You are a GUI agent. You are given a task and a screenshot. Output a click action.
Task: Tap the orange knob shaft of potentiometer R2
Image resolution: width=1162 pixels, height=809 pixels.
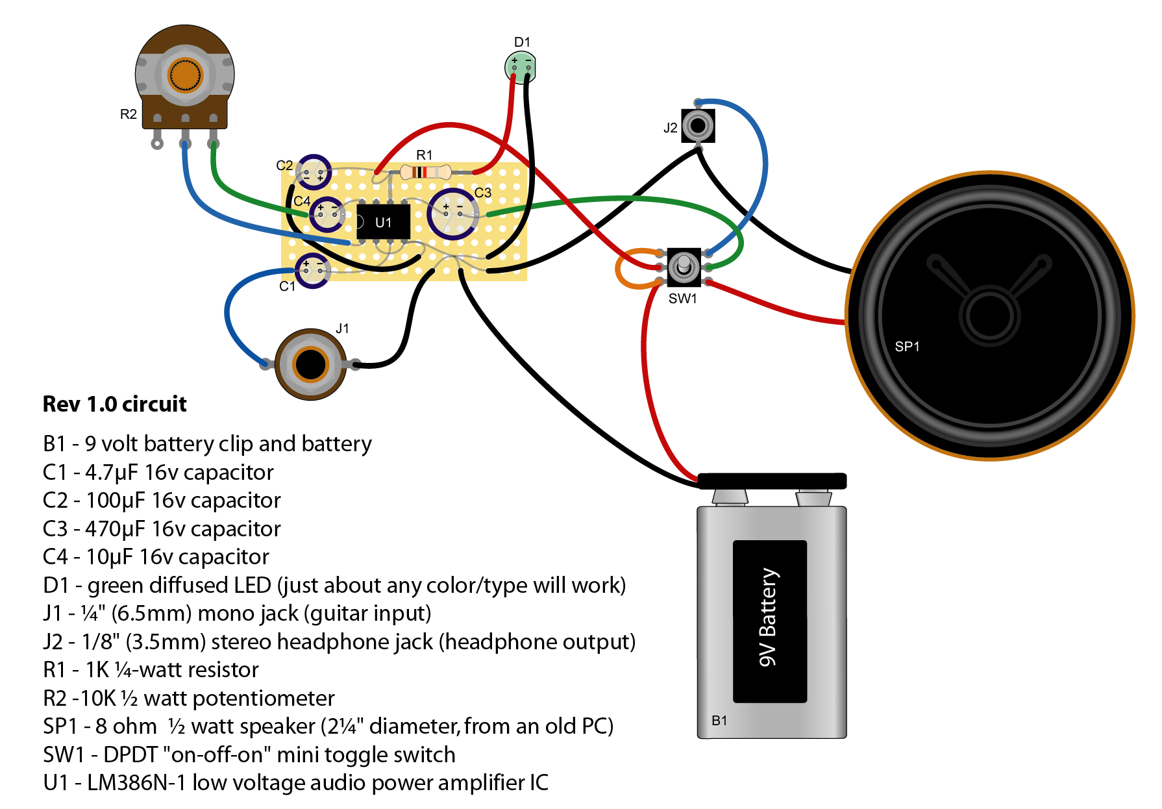[x=185, y=76]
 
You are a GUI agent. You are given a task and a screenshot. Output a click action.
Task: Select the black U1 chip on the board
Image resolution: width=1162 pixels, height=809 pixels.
[x=384, y=221]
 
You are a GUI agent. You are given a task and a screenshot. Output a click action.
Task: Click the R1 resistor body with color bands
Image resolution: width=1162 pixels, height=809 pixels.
[x=425, y=172]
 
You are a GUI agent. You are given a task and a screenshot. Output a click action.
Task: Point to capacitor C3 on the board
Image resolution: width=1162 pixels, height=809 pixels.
[x=452, y=214]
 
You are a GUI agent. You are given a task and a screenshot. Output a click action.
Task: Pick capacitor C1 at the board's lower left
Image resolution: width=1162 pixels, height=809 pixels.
[x=313, y=270]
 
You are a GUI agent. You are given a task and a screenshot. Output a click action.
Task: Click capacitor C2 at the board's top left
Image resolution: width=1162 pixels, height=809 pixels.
[x=314, y=173]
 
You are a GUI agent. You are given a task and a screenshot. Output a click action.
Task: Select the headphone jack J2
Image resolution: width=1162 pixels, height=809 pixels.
[x=698, y=125]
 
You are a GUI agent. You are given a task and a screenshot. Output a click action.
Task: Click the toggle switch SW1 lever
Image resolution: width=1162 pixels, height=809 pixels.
[x=684, y=266]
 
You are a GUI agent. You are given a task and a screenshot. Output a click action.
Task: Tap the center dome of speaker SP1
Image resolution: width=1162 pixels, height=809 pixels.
[x=989, y=316]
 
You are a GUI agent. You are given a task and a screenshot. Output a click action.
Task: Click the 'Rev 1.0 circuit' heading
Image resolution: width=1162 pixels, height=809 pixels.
[x=114, y=404]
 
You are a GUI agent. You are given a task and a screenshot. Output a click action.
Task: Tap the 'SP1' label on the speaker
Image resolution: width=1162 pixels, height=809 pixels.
[x=907, y=347]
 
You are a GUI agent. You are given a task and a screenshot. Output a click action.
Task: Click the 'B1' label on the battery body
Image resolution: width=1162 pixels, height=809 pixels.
[x=719, y=721]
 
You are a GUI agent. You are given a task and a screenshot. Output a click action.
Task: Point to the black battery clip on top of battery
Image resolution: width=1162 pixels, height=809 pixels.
[x=772, y=481]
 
